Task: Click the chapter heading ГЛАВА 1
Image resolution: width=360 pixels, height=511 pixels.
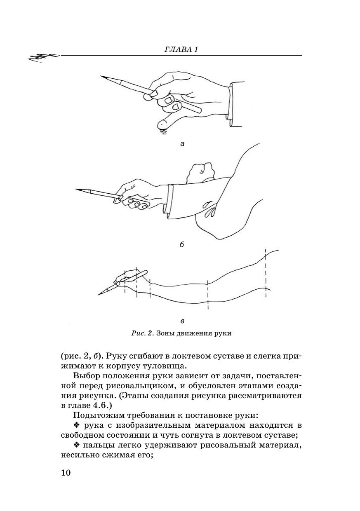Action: (x=181, y=49)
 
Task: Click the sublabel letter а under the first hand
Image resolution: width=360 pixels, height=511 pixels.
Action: (x=182, y=144)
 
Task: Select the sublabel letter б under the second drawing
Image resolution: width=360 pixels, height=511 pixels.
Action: (x=182, y=244)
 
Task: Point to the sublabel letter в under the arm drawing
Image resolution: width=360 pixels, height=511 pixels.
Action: (x=182, y=321)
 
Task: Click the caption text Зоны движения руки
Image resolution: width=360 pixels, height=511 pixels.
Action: (x=194, y=333)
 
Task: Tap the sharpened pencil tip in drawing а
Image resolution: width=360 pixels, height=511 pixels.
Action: (x=101, y=76)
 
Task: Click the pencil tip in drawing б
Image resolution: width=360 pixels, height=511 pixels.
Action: (x=76, y=189)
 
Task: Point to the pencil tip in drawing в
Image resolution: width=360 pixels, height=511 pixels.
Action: (x=99, y=295)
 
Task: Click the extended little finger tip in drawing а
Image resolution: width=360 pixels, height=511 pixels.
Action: (x=161, y=124)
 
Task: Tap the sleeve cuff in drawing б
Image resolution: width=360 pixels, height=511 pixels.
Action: (x=168, y=201)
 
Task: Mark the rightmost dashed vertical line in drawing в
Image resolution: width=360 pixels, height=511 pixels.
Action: (x=266, y=273)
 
